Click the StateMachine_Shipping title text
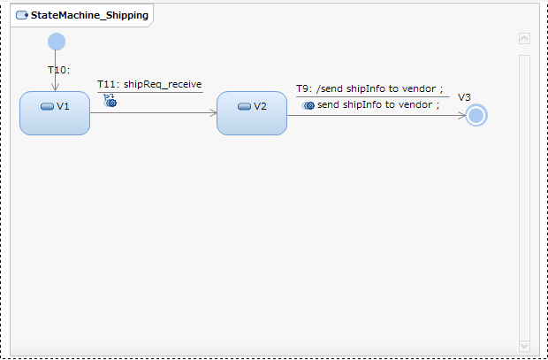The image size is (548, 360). click(x=89, y=15)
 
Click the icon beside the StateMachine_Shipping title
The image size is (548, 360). click(x=21, y=15)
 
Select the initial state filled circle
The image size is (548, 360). click(x=57, y=41)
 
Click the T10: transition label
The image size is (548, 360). click(x=59, y=69)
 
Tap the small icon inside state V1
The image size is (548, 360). click(x=47, y=106)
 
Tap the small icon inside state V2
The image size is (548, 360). click(x=244, y=106)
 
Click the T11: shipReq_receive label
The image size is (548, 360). click(x=149, y=84)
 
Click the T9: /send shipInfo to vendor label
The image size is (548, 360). click(x=369, y=89)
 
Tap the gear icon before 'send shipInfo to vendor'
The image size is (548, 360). click(x=308, y=105)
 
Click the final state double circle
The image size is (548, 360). click(x=477, y=115)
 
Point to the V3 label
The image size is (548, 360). click(x=464, y=97)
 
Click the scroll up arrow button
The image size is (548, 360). click(x=524, y=39)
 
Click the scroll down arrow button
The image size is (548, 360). click(x=524, y=345)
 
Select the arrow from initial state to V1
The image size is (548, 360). click(x=56, y=74)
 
